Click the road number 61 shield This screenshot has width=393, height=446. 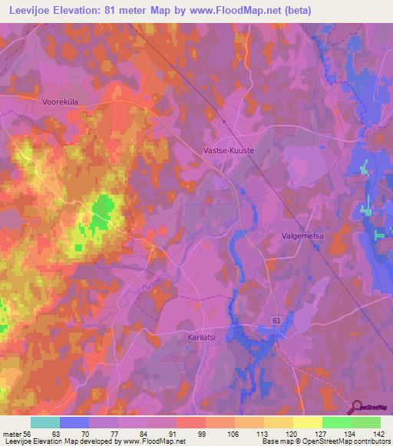point(276,318)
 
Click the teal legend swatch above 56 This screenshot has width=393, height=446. point(45,422)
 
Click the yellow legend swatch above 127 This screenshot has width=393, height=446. point(307,422)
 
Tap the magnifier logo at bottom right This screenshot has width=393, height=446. point(356,407)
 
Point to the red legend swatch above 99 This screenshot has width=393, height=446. point(190,422)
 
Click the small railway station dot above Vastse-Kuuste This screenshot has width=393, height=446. point(223,121)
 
